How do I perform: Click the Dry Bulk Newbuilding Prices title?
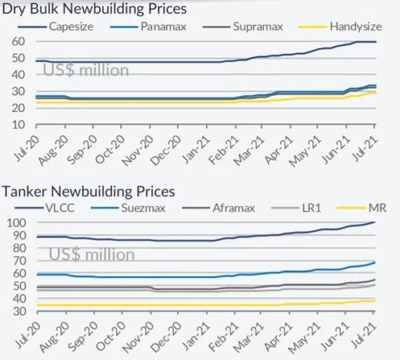pos(95,9)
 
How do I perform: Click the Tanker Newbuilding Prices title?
pos(88,191)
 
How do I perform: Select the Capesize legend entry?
pos(71,27)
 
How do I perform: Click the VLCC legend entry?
pos(61,208)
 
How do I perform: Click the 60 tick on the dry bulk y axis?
pos(19,41)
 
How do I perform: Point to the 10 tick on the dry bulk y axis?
pos(19,125)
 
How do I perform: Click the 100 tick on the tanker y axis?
pos(17,223)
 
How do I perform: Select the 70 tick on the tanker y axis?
pos(19,261)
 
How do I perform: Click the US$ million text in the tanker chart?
pos(91,254)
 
